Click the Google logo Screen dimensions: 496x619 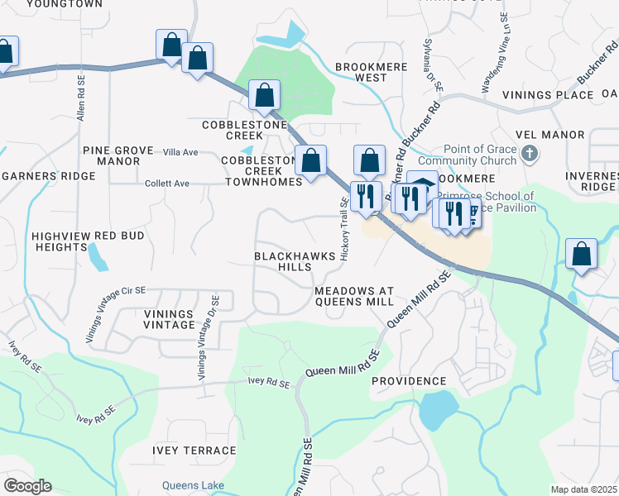[x=27, y=486]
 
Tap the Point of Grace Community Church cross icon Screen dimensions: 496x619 [x=531, y=154]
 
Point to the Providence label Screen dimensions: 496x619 [x=409, y=381]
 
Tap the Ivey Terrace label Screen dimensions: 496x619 [x=194, y=451]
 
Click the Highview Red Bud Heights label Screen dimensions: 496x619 [x=89, y=241]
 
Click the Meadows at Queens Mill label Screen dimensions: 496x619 [x=354, y=296]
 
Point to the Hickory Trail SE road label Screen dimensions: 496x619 [x=344, y=231]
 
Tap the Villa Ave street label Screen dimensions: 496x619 [x=180, y=152]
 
